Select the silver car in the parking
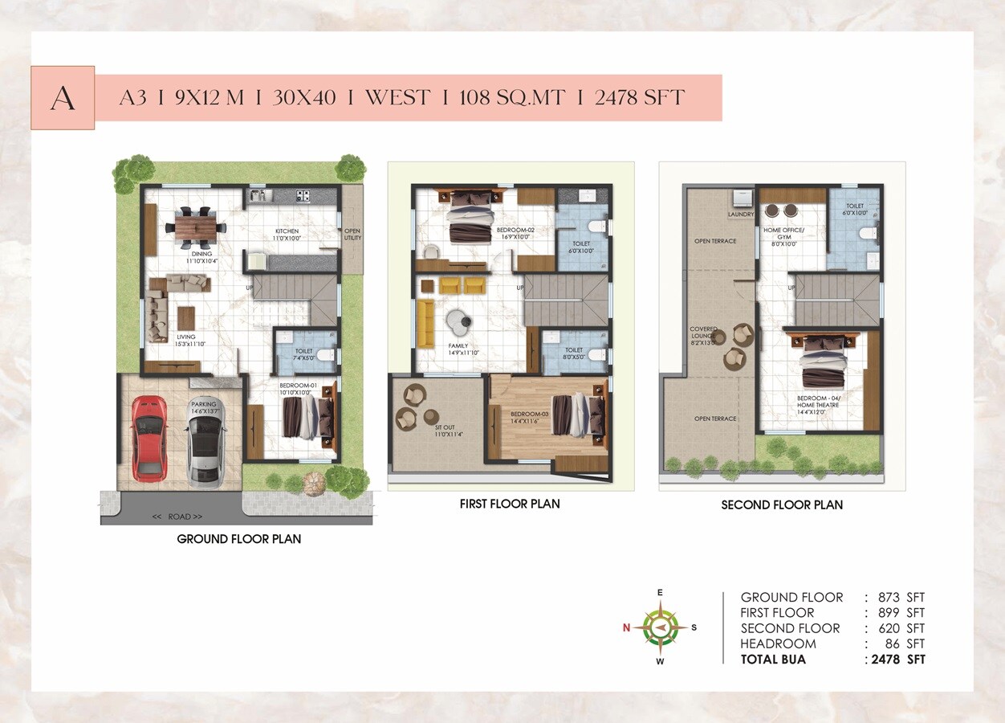tap(206, 443)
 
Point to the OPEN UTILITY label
tap(352, 235)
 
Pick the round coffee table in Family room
tap(460, 322)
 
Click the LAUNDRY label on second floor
tap(740, 214)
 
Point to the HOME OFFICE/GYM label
tap(783, 234)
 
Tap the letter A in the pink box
tap(63, 98)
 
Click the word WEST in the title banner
tap(396, 98)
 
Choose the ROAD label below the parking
tap(177, 517)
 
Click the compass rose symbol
tap(660, 627)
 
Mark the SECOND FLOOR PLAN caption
tap(781, 504)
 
